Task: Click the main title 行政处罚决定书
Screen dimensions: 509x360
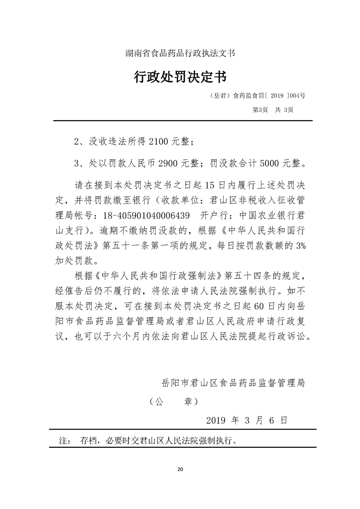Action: [x=180, y=77]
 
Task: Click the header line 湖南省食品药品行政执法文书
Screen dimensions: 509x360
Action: [x=180, y=53]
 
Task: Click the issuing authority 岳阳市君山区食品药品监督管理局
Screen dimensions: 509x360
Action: [x=233, y=382]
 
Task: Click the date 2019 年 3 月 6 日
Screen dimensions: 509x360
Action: [x=247, y=421]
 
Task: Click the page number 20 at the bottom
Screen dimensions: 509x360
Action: [x=180, y=469]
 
